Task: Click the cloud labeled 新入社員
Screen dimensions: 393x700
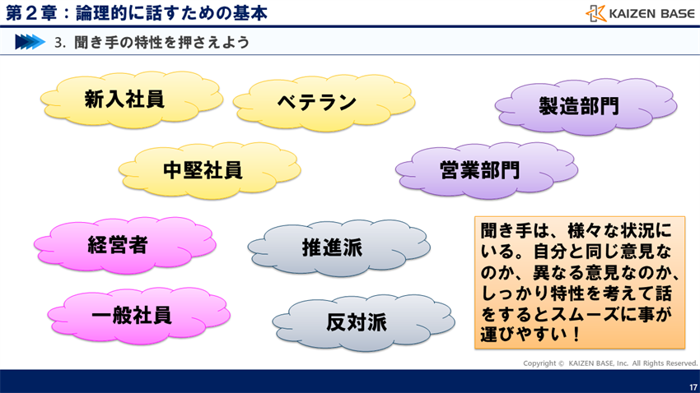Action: (x=125, y=99)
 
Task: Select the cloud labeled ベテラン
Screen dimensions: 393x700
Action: (x=317, y=102)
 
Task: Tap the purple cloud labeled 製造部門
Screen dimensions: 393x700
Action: (x=579, y=106)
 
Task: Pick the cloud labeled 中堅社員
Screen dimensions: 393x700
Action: (x=203, y=170)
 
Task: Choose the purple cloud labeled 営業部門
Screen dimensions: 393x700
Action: (x=479, y=170)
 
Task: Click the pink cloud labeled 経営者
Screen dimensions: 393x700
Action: (x=118, y=244)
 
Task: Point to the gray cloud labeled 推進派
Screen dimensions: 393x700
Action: (x=332, y=247)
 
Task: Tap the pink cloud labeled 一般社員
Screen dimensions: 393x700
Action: (x=132, y=315)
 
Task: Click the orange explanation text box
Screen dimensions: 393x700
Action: (x=580, y=282)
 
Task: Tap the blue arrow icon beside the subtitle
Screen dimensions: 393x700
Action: (x=29, y=42)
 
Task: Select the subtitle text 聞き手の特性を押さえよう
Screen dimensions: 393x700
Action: (x=161, y=42)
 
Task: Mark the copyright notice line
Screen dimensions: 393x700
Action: (x=610, y=363)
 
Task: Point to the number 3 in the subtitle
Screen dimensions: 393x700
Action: (x=58, y=43)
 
